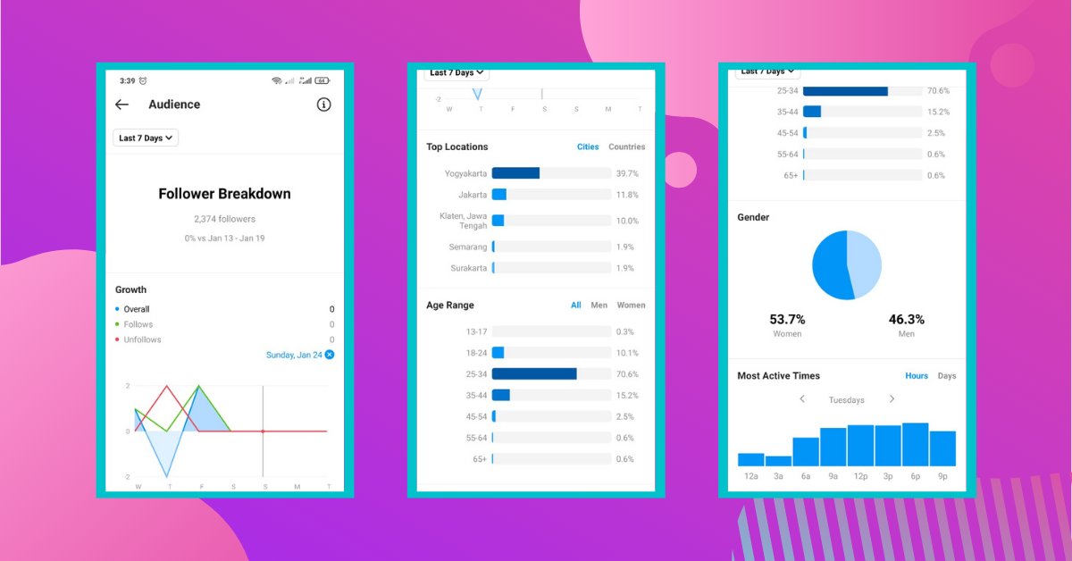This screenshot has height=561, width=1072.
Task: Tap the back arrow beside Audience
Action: pyautogui.click(x=122, y=105)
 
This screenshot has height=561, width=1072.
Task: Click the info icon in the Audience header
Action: pyautogui.click(x=324, y=105)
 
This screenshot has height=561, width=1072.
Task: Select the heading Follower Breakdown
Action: pyautogui.click(x=224, y=194)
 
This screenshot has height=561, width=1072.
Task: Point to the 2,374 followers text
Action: pyautogui.click(x=224, y=219)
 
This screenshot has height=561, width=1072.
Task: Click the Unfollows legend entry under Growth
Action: pyautogui.click(x=142, y=339)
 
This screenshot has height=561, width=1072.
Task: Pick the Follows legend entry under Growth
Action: pyautogui.click(x=138, y=324)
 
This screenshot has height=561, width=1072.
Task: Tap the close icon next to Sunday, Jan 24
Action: pyautogui.click(x=330, y=355)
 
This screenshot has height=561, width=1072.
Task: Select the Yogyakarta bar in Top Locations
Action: pyautogui.click(x=515, y=173)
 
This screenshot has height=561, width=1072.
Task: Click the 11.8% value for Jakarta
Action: pyautogui.click(x=626, y=195)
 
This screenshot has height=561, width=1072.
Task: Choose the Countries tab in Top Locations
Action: pyautogui.click(x=626, y=147)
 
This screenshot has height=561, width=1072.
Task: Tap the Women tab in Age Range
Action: pyautogui.click(x=631, y=305)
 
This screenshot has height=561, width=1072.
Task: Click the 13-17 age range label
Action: pyautogui.click(x=476, y=331)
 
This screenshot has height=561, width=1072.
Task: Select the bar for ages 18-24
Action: pyautogui.click(x=498, y=353)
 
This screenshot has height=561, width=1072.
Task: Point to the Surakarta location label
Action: pyautogui.click(x=469, y=268)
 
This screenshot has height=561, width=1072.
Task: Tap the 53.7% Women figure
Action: pyautogui.click(x=787, y=319)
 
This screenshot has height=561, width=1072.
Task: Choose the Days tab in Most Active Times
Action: pyautogui.click(x=946, y=376)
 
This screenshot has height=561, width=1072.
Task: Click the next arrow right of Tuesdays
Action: pyautogui.click(x=892, y=399)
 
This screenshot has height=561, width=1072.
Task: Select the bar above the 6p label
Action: pyautogui.click(x=915, y=445)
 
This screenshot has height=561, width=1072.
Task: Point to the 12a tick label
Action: pyautogui.click(x=750, y=477)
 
